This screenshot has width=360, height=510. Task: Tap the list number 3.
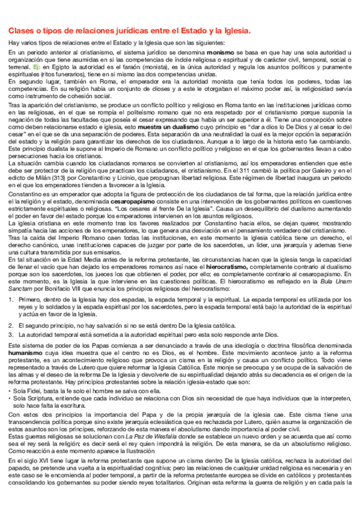11,334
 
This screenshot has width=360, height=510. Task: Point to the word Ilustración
141,463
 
